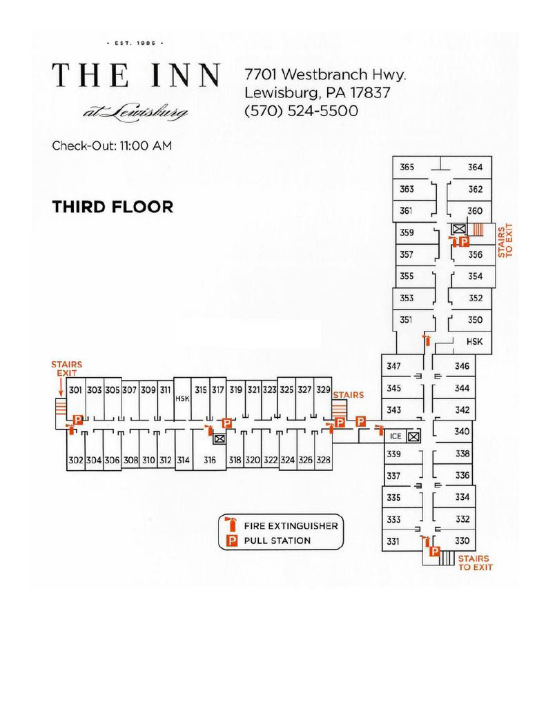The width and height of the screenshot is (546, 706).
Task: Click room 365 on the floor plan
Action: tap(407, 167)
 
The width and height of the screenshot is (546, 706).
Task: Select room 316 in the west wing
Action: tap(210, 460)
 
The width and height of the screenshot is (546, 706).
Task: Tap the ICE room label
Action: tap(396, 436)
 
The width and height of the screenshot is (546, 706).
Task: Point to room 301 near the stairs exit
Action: tap(75, 390)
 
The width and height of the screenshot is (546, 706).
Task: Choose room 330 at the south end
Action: tap(462, 541)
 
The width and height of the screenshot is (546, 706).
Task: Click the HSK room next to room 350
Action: tap(474, 342)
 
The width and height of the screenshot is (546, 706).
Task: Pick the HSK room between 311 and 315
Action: tap(183, 399)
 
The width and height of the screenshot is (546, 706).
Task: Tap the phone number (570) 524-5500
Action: tap(301, 111)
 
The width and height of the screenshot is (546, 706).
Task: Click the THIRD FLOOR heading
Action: tap(113, 207)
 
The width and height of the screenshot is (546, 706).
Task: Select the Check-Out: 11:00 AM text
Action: tap(112, 146)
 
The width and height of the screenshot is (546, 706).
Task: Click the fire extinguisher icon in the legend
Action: tap(231, 525)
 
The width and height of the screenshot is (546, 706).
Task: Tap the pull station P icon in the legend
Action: tap(232, 541)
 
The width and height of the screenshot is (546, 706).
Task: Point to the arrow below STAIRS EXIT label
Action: tap(61, 387)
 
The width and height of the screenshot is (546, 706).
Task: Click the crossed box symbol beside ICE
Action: tap(413, 436)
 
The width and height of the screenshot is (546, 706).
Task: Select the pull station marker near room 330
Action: tap(435, 551)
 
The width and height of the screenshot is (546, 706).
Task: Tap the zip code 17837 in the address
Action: tap(370, 93)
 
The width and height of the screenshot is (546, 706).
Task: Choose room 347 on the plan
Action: tap(393, 366)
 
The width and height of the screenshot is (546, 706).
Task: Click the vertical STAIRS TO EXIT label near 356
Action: tap(505, 241)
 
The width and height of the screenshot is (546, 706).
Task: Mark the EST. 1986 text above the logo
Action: tap(136, 43)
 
